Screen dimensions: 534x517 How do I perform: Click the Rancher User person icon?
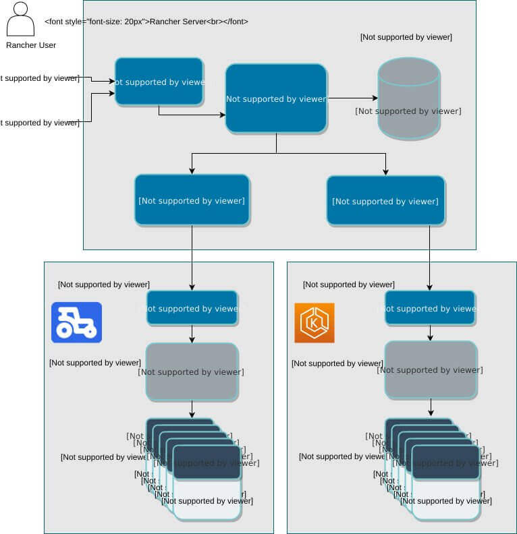click(20, 20)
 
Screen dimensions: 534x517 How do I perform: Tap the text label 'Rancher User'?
click(31, 45)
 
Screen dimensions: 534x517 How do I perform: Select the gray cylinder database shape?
click(408, 98)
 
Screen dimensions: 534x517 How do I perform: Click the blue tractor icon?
click(76, 322)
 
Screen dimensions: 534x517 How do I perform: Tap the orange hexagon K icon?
click(314, 323)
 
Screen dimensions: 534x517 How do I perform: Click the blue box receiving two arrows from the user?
click(159, 82)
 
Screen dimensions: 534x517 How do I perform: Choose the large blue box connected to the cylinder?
click(276, 98)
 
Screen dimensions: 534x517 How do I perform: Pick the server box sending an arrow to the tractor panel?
click(192, 200)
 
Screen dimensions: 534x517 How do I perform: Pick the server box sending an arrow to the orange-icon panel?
click(385, 200)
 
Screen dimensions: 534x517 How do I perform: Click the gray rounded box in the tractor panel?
click(192, 372)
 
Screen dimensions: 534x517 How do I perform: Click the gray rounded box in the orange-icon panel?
click(431, 369)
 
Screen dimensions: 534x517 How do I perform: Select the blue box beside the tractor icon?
click(192, 308)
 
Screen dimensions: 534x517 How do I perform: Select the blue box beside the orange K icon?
click(430, 308)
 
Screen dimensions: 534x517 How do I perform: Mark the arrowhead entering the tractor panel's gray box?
click(192, 338)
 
